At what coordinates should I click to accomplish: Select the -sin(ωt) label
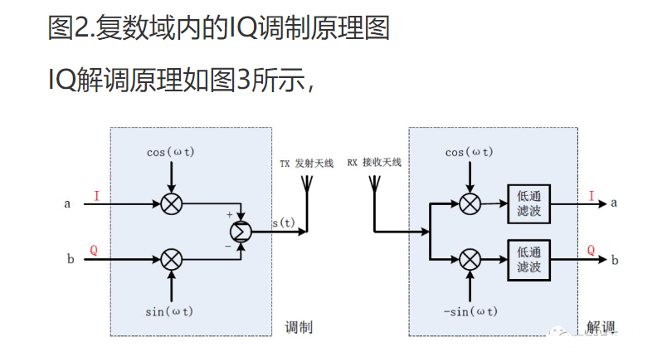coord(470,311)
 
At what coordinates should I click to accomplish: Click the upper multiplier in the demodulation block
coord(470,203)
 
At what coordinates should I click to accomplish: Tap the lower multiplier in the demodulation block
coord(470,259)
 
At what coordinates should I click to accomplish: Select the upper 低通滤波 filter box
coord(528,203)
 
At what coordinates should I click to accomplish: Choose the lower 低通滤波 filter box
coord(528,259)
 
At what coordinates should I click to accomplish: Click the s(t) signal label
coord(284,222)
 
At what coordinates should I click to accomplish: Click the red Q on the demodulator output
coord(591,250)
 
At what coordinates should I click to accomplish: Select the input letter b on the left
coord(70,260)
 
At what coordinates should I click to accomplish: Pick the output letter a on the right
coord(614,203)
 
